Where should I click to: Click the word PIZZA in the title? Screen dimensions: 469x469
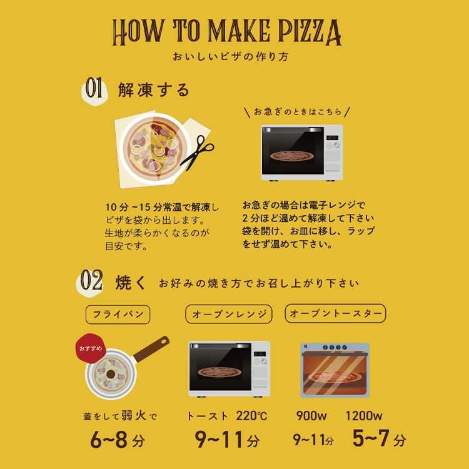click(x=310, y=32)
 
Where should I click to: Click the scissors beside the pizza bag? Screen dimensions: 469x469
click(x=197, y=152)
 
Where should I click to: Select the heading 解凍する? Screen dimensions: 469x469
click(x=154, y=89)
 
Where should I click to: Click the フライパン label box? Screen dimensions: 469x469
click(x=118, y=315)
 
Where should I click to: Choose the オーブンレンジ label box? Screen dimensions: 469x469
click(x=229, y=314)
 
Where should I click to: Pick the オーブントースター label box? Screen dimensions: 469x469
click(x=335, y=313)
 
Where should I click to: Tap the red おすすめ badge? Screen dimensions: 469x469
click(x=90, y=348)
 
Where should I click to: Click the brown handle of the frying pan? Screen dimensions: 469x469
click(x=152, y=349)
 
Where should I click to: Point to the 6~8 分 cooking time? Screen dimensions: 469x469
click(x=118, y=440)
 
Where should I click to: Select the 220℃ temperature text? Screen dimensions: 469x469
click(x=251, y=416)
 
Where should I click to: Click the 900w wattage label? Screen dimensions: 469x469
click(x=311, y=416)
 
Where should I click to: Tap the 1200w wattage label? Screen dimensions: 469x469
click(x=364, y=416)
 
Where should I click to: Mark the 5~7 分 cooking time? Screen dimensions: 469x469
click(x=379, y=438)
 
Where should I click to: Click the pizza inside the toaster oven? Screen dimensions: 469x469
click(x=335, y=377)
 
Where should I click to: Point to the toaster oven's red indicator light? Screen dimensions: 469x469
click(x=305, y=346)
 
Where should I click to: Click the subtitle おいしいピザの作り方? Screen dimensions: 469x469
click(x=230, y=56)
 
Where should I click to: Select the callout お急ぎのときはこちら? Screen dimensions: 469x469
click(x=297, y=112)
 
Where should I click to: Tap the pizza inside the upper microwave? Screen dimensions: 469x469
click(x=293, y=156)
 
